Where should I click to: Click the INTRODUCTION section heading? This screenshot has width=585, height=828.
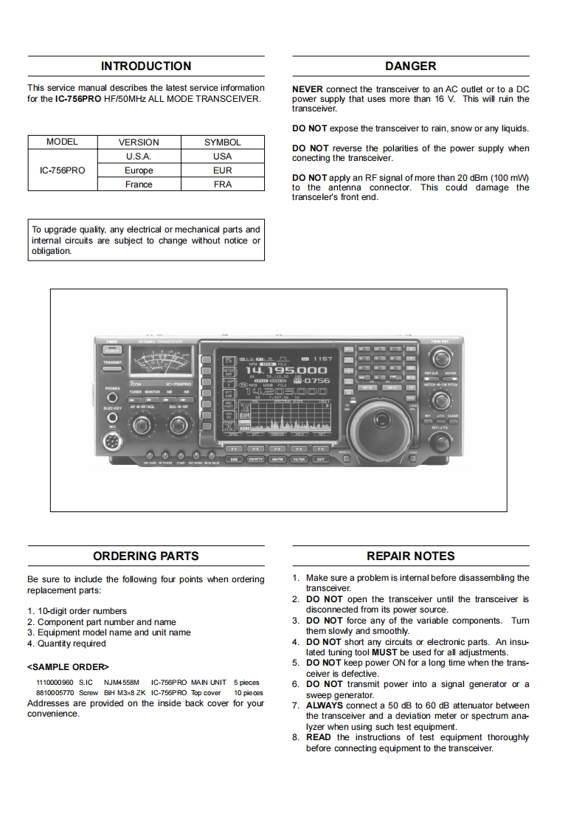[x=145, y=66]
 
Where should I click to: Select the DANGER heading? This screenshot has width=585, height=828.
[x=410, y=66]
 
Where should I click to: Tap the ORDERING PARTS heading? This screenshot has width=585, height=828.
[x=145, y=556]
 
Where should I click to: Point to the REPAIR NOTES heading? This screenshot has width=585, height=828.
[x=410, y=556]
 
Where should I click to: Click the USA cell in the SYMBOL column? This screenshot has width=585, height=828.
[x=222, y=156]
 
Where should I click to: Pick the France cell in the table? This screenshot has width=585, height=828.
[x=139, y=184]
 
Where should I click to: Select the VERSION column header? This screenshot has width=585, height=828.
[x=139, y=142]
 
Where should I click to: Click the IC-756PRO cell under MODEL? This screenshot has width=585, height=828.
[x=62, y=170]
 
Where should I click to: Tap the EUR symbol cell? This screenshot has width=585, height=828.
[x=222, y=170]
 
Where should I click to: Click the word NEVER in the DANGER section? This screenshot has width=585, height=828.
[x=308, y=89]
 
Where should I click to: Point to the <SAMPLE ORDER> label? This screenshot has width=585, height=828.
[x=68, y=666]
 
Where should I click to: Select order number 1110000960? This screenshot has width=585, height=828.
[x=55, y=683]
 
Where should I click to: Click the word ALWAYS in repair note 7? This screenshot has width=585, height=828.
[x=324, y=705]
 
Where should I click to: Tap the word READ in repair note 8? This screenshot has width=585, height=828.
[x=319, y=737]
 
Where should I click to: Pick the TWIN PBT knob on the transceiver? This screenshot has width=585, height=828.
[x=440, y=359]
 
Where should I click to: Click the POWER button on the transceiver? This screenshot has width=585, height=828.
[x=112, y=350]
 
